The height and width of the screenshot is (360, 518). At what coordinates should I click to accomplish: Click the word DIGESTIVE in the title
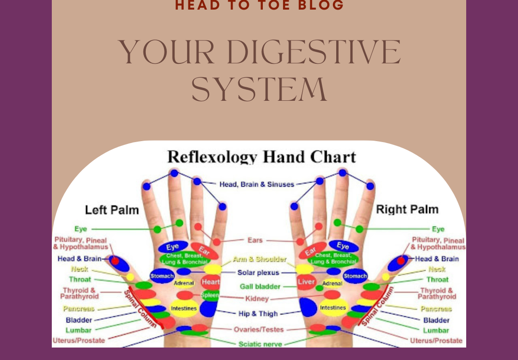point(310,52)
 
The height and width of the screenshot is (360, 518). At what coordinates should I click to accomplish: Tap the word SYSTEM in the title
point(259,90)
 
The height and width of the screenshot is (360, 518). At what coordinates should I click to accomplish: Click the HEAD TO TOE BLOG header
point(259,5)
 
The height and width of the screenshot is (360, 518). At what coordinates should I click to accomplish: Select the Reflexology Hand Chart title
point(261,157)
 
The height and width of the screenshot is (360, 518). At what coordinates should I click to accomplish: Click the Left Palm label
point(112,210)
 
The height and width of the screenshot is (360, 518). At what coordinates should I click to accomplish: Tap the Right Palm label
point(407,209)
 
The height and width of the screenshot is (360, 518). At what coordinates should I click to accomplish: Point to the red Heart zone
point(211,281)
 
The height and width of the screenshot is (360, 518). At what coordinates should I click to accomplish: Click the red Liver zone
point(306,281)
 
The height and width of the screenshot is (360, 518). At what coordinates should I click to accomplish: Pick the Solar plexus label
point(259,273)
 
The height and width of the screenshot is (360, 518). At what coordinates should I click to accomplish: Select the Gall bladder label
point(260,287)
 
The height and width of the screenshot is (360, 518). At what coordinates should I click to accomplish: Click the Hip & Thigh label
point(258,314)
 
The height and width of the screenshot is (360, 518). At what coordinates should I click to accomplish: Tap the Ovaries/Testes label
point(259,330)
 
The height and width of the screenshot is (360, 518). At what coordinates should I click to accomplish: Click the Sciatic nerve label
point(260,344)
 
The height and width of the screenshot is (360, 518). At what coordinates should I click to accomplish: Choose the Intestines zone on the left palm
point(184,308)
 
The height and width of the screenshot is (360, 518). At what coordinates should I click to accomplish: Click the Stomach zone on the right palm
point(355,276)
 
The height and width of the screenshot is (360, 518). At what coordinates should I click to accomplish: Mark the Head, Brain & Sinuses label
point(257,184)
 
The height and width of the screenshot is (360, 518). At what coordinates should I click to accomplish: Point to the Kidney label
point(257,299)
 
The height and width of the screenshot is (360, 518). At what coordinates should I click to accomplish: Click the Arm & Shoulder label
point(259,259)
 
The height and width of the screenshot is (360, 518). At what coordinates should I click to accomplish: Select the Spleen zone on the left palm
point(210,295)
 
